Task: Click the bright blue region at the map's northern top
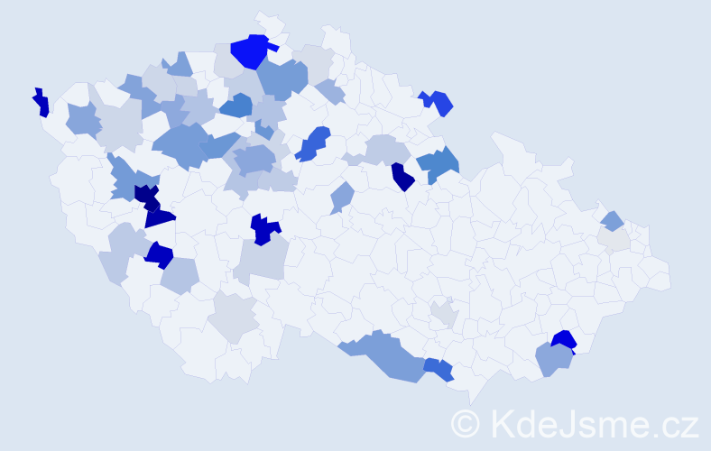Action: [250, 51]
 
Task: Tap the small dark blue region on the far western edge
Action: [41, 104]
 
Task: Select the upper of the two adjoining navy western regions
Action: [145, 195]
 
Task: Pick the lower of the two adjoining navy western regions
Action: [159, 216]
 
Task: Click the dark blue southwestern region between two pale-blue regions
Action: [159, 255]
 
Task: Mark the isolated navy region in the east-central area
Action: [402, 177]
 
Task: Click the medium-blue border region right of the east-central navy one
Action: [439, 163]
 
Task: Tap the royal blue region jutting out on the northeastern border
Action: [439, 103]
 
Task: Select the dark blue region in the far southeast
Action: [563, 340]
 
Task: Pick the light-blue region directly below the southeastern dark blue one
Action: [553, 360]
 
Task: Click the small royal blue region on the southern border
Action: [439, 368]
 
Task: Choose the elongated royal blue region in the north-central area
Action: [313, 144]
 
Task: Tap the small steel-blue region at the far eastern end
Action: [612, 220]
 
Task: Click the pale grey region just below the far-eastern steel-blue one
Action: [614, 238]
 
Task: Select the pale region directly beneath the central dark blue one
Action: [263, 261]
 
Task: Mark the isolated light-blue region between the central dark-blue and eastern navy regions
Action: [341, 197]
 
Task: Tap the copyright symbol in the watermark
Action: [465, 423]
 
